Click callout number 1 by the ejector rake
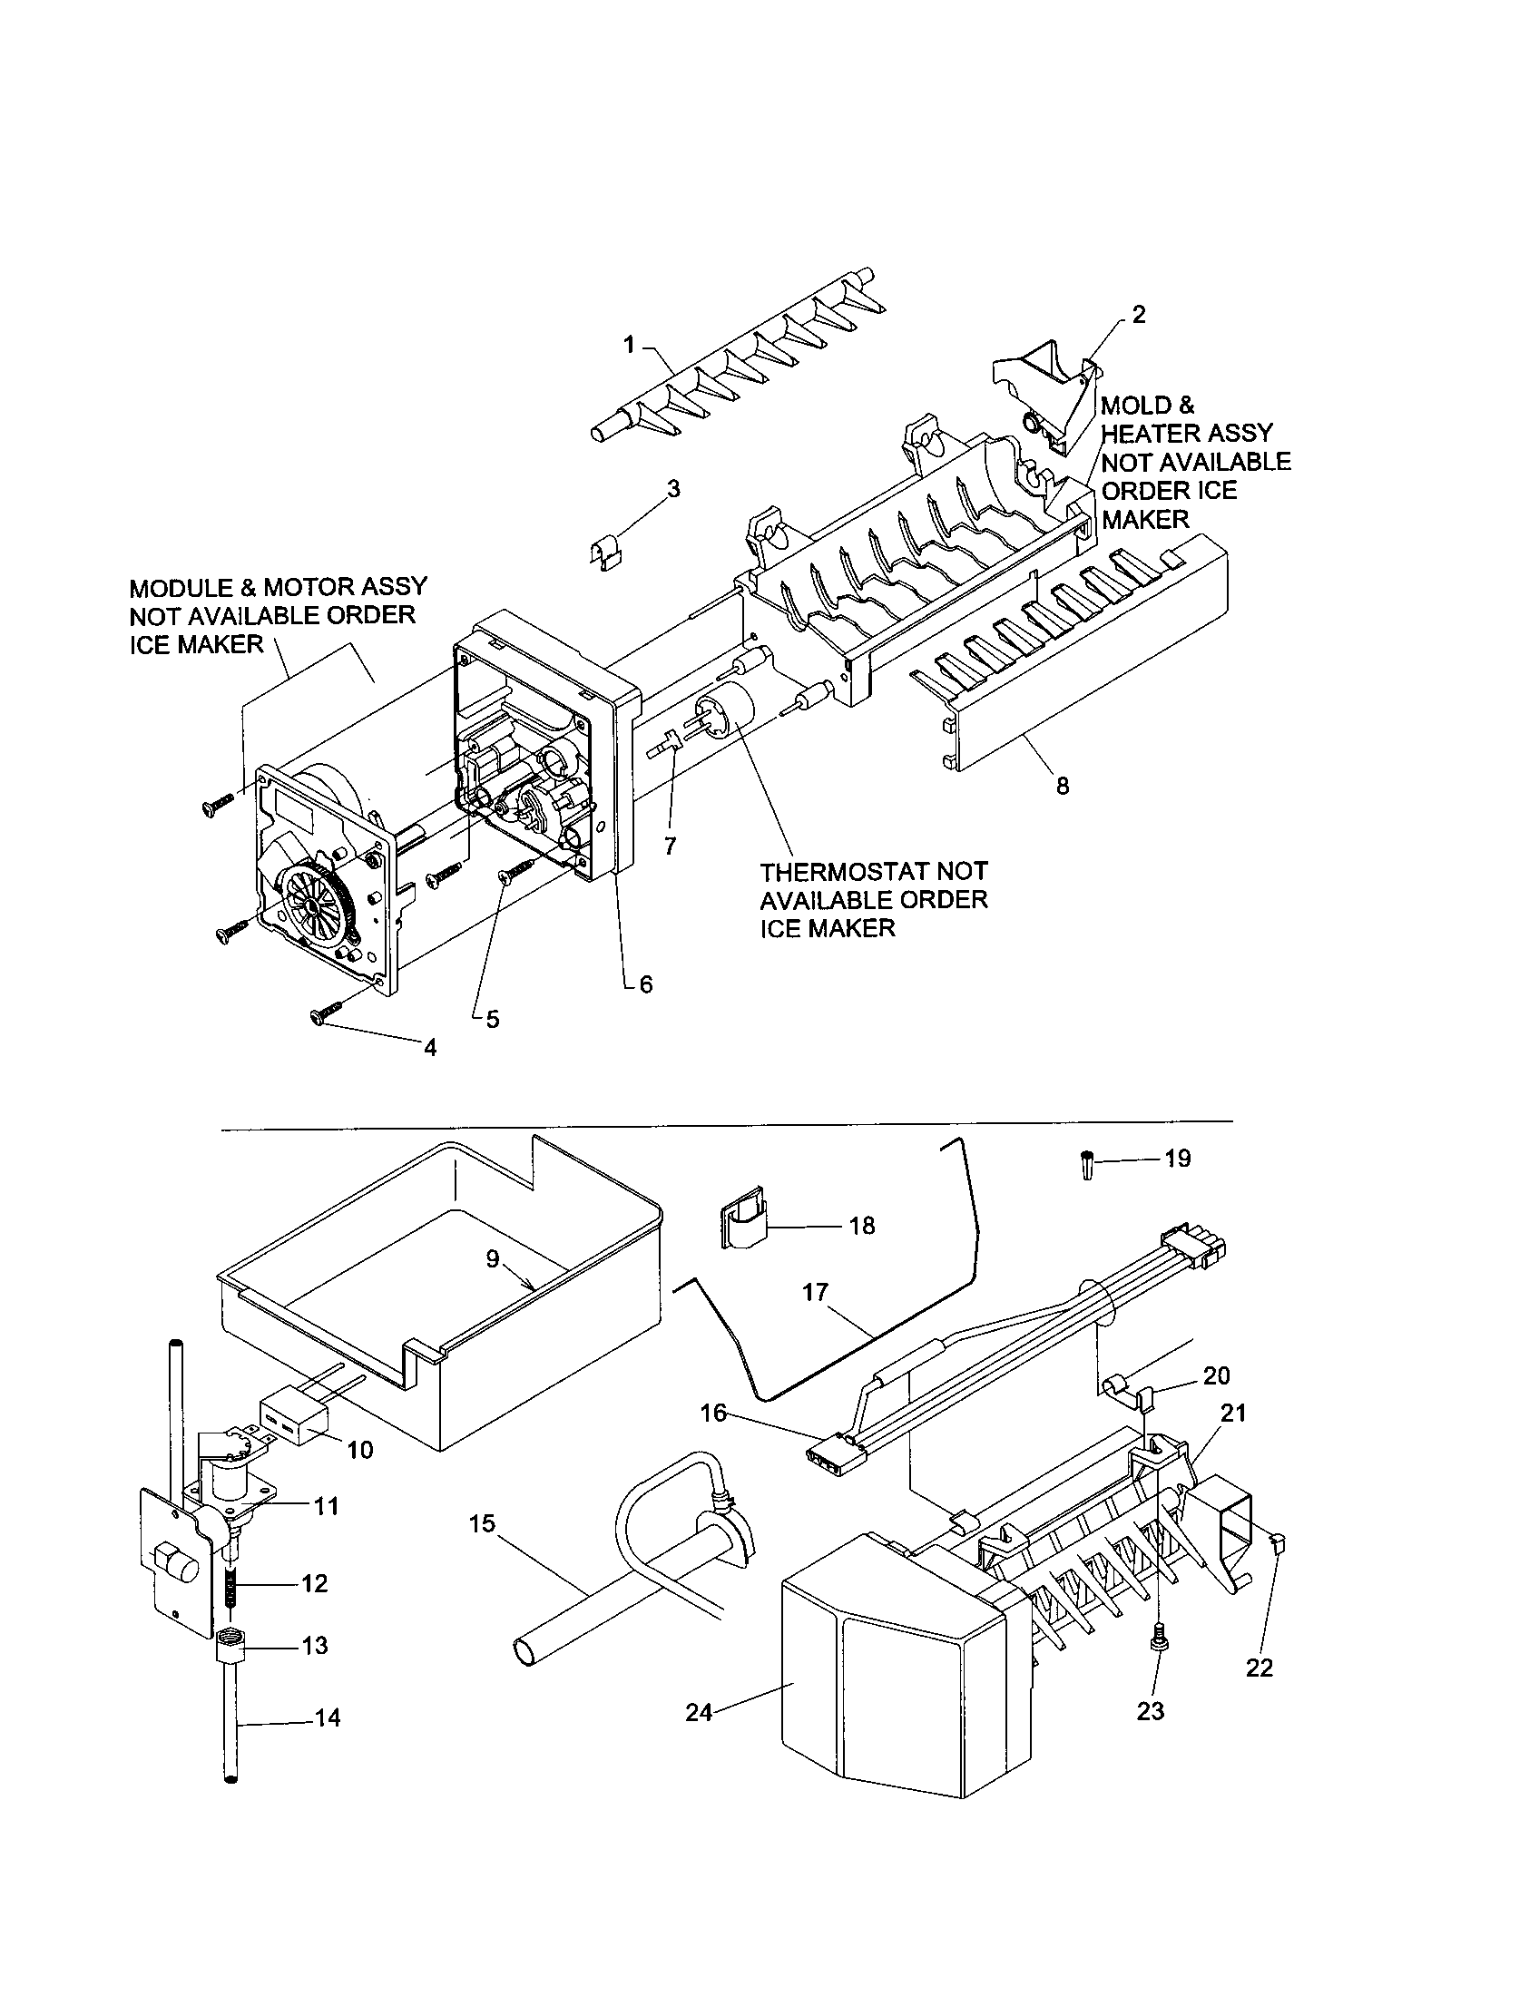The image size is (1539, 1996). pyautogui.click(x=629, y=345)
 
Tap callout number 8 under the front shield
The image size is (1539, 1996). pyautogui.click(x=1062, y=786)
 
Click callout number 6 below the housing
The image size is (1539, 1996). pyautogui.click(x=645, y=984)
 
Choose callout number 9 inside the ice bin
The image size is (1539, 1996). pyautogui.click(x=493, y=1259)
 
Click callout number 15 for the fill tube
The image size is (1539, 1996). pyautogui.click(x=482, y=1523)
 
